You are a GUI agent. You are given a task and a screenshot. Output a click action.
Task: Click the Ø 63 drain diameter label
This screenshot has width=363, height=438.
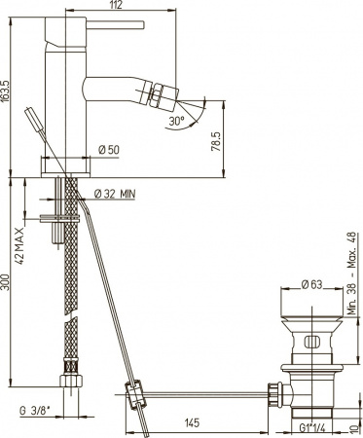pyautogui.click(x=310, y=285)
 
